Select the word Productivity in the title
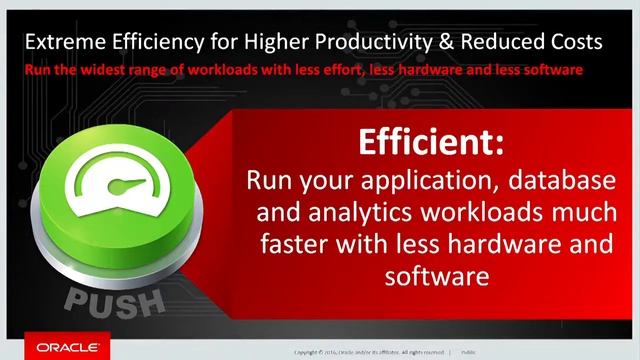tap(363, 42)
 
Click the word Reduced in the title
tap(497, 42)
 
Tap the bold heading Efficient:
tap(431, 143)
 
